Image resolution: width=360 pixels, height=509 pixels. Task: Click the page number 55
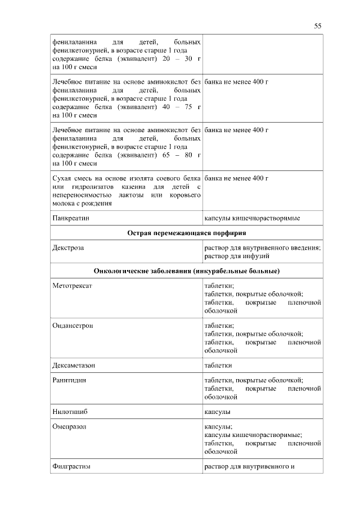pyautogui.click(x=317, y=26)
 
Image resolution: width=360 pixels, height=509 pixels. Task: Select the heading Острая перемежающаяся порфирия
pyautogui.click(x=187, y=232)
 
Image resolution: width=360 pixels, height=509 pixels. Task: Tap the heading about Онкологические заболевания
pyautogui.click(x=187, y=271)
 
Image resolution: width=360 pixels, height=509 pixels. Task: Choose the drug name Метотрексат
pyautogui.click(x=71, y=286)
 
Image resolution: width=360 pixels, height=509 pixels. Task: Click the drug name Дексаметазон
pyautogui.click(x=74, y=365)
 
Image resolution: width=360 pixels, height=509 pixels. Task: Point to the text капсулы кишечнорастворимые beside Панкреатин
pyautogui.click(x=251, y=217)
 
